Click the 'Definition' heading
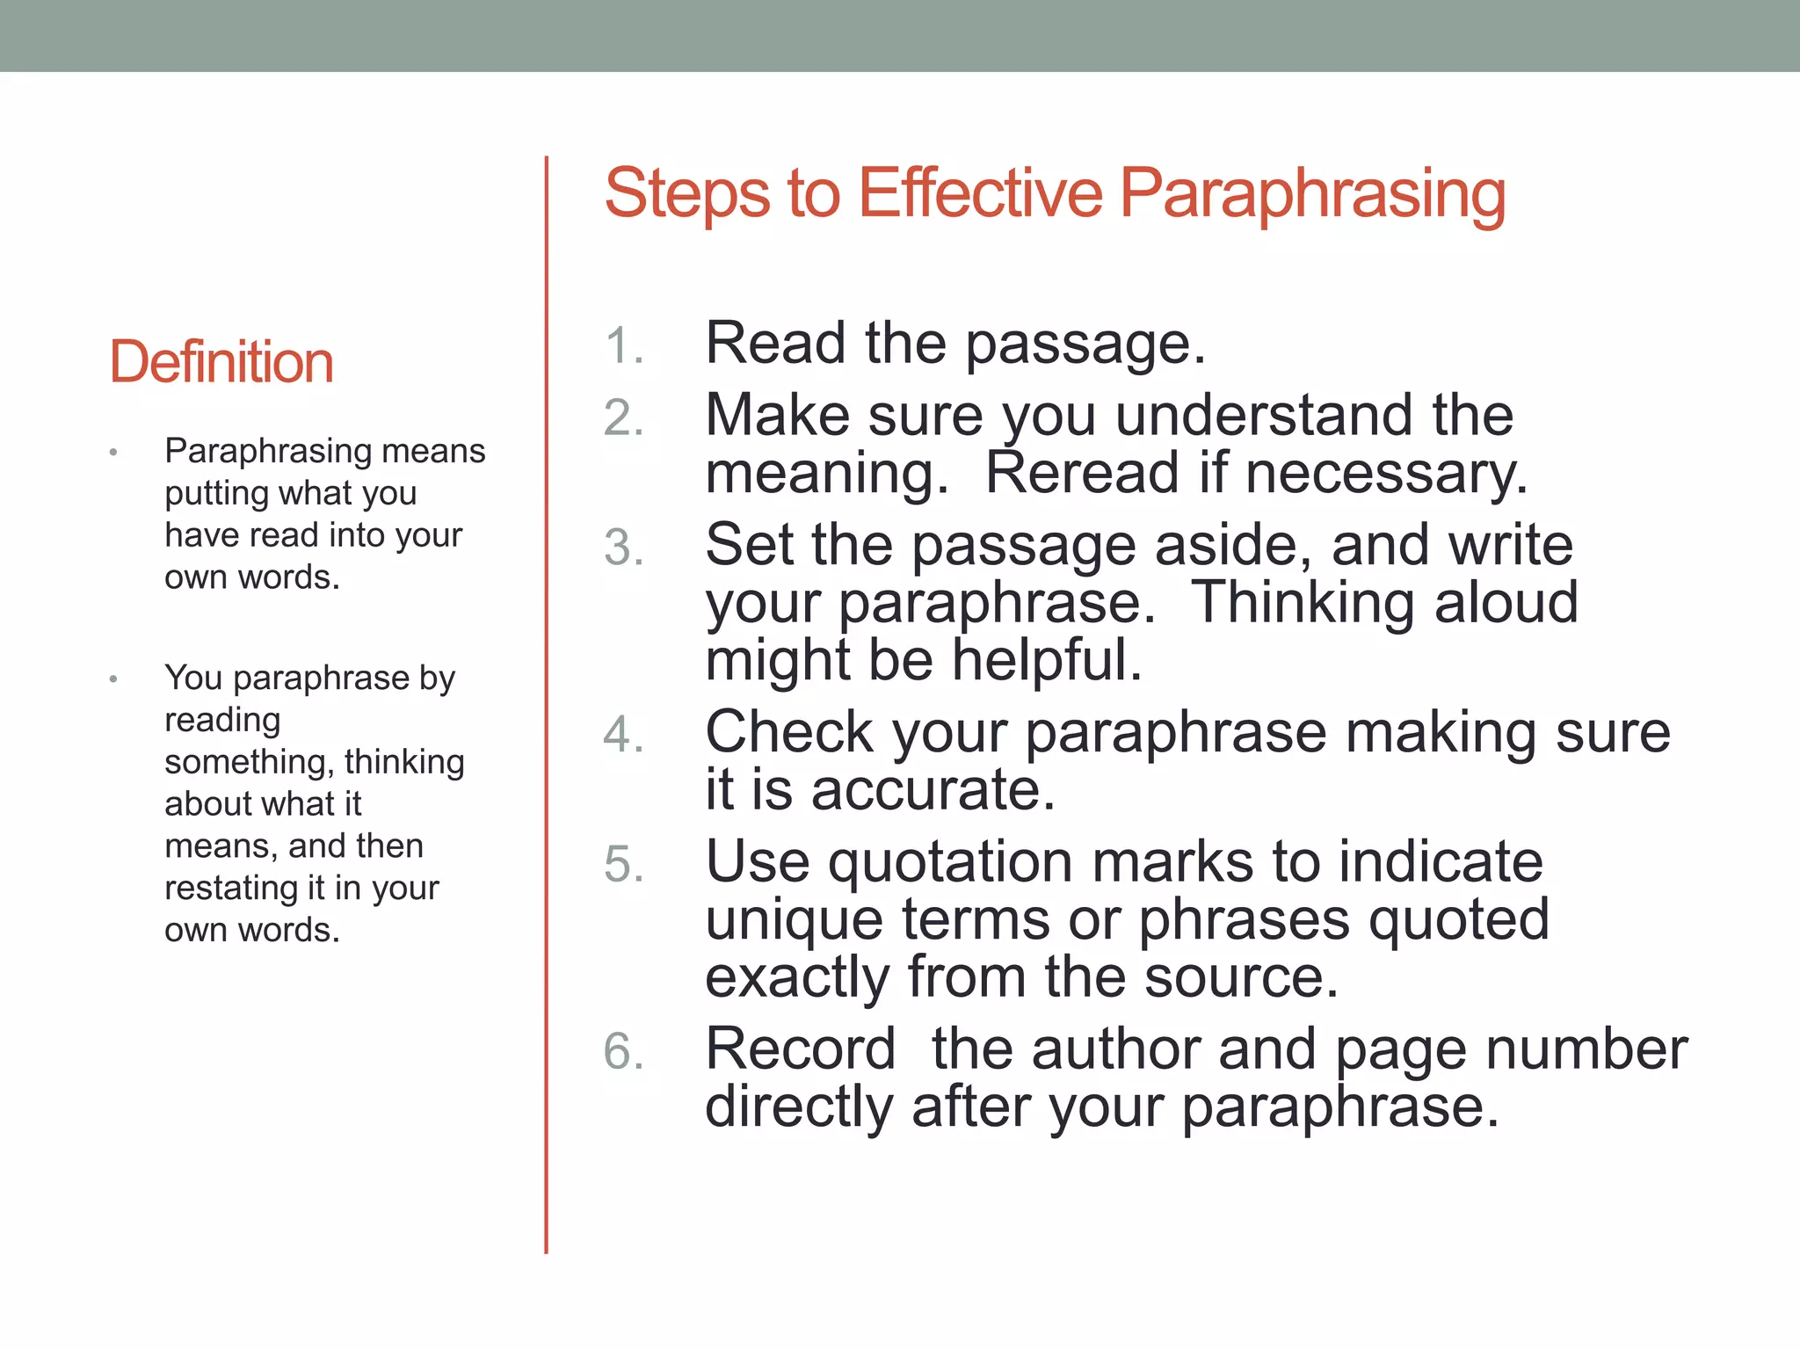tap(221, 362)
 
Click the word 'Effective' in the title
tap(980, 193)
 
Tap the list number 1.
tap(623, 345)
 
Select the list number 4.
tap(623, 735)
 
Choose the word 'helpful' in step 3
tap(1046, 660)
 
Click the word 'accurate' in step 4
tap(932, 789)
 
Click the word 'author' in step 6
tap(1116, 1049)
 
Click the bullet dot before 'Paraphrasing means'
tap(113, 453)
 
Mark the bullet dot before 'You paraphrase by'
tap(113, 679)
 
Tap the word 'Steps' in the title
tap(688, 195)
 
